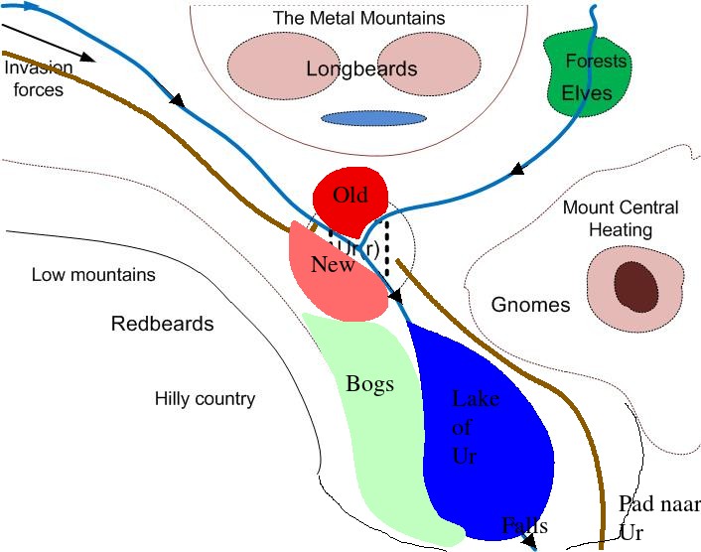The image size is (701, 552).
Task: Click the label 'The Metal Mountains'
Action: click(358, 18)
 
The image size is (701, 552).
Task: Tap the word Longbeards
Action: click(361, 69)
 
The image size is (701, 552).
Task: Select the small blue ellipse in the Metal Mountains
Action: click(373, 118)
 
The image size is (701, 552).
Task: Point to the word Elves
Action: click(587, 93)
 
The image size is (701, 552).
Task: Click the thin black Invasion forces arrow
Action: click(50, 41)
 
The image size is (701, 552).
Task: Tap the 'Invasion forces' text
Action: click(38, 79)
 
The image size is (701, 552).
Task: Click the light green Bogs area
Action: click(372, 427)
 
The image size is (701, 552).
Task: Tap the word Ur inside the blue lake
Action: click(465, 457)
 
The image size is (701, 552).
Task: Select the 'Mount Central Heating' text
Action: click(621, 218)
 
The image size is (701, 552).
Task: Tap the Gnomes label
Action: click(531, 304)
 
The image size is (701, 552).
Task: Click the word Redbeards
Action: click(162, 324)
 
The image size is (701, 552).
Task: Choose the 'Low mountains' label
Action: click(93, 275)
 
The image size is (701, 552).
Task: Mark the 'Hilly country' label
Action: click(205, 399)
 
